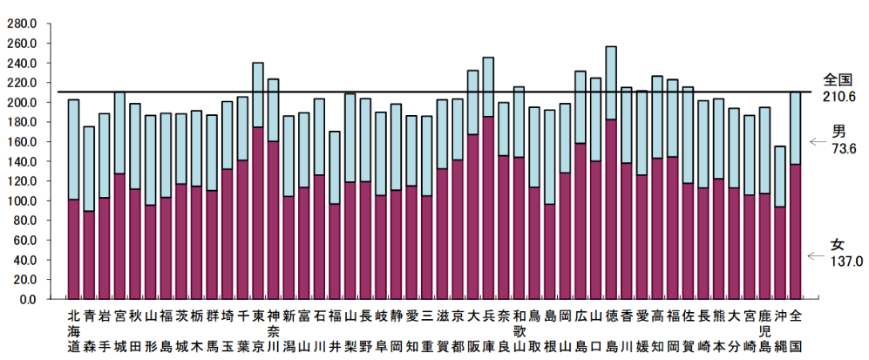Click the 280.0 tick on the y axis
pyautogui.click(x=21, y=24)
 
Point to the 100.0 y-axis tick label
pyautogui.click(x=21, y=200)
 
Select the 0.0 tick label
pyautogui.click(x=27, y=299)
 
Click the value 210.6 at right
pyautogui.click(x=838, y=96)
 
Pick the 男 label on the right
pyautogui.click(x=839, y=132)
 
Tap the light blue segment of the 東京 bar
pyautogui.click(x=258, y=95)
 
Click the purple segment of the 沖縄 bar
pyautogui.click(x=780, y=253)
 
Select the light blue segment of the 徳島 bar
pyautogui.click(x=611, y=83)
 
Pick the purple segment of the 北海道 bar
pyautogui.click(x=73, y=249)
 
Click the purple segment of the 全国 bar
pyautogui.click(x=795, y=231)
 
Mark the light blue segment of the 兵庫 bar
pyautogui.click(x=488, y=87)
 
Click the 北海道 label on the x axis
pyautogui.click(x=73, y=330)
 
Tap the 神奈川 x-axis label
pyautogui.click(x=273, y=330)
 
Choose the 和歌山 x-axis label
pyautogui.click(x=519, y=330)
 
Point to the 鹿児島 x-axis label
pyautogui.click(x=764, y=330)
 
